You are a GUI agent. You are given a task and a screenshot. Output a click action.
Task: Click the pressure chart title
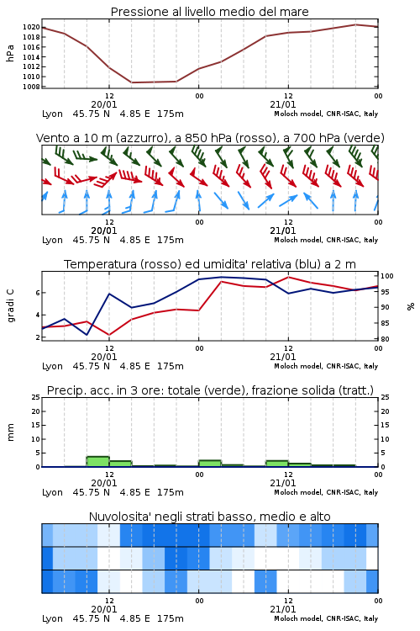210,12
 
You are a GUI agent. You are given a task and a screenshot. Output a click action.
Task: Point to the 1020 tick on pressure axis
31,28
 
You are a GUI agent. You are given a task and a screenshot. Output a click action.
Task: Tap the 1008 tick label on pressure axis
31,87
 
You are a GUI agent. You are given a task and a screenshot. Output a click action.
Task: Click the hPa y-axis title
10,53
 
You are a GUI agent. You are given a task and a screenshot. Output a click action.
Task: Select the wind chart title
210,138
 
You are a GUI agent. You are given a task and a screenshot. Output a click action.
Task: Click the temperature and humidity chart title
210,264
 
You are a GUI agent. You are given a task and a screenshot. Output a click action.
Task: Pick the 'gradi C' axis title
10,306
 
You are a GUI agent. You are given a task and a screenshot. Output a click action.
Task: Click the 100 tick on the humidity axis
387,276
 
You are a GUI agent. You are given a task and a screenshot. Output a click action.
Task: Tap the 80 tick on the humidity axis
385,339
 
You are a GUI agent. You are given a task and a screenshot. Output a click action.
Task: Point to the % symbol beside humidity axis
411,306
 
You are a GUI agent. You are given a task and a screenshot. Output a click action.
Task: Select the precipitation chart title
210,390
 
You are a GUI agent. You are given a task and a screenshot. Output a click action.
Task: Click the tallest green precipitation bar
98,462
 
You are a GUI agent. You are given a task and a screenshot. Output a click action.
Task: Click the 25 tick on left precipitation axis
36,398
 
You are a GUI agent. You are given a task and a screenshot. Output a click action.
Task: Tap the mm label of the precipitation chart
10,432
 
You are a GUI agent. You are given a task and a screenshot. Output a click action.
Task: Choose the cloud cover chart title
210,517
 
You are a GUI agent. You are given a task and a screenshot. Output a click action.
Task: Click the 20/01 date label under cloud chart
104,609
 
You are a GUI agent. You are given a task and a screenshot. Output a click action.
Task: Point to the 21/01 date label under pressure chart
283,104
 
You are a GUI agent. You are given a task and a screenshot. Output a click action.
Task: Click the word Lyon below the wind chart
52,241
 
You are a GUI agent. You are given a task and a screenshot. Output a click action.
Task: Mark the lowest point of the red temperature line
109,335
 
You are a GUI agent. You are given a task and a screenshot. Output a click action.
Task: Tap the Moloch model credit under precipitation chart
326,492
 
